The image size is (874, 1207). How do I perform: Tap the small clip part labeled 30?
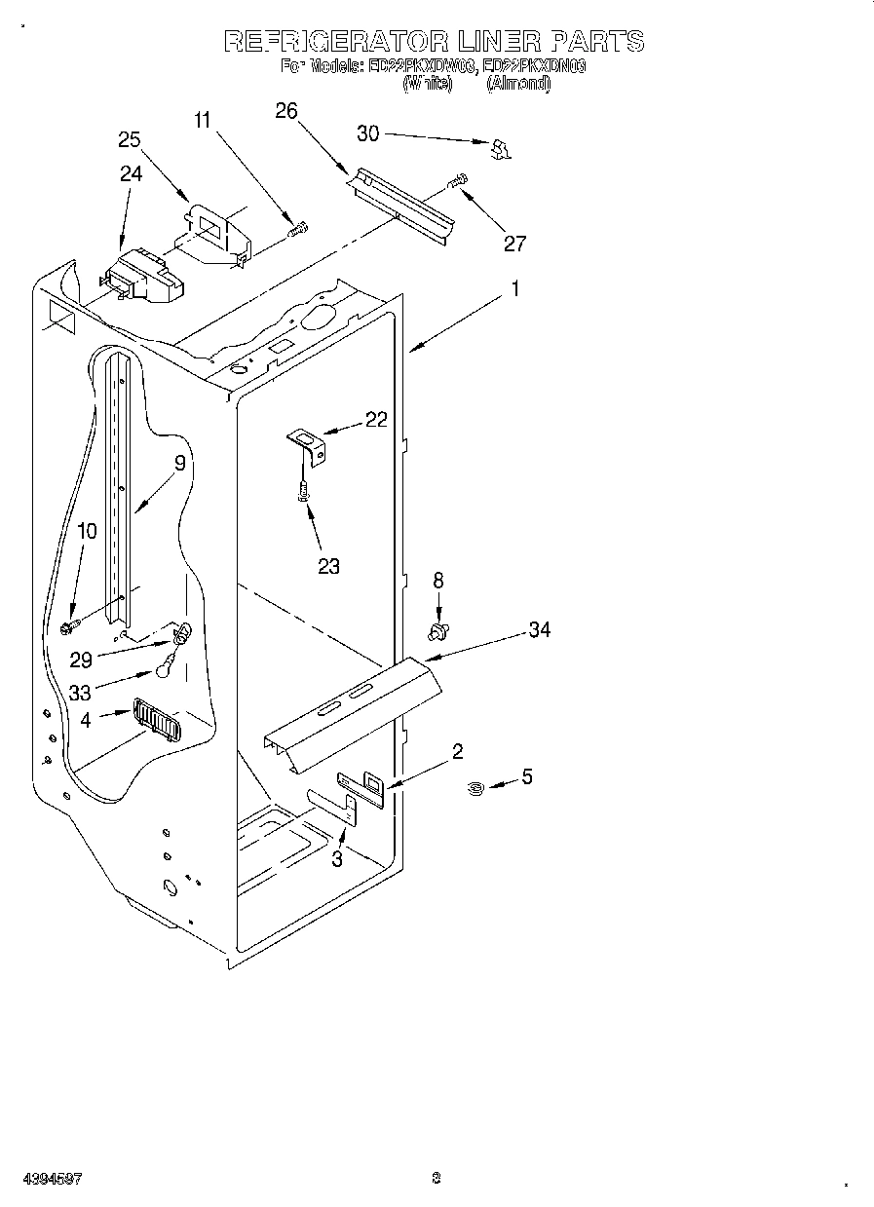click(501, 148)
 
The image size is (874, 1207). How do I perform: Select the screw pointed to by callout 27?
click(457, 180)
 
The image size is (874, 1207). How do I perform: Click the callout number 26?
click(285, 110)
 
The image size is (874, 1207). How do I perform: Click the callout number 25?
click(130, 139)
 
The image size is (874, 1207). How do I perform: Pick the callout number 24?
click(131, 173)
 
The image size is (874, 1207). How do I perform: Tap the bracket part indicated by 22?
click(309, 446)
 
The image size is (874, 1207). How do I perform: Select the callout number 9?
click(179, 464)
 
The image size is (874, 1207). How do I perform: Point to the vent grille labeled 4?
click(156, 722)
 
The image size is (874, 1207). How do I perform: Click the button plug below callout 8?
click(438, 634)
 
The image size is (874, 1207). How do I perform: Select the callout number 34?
click(539, 630)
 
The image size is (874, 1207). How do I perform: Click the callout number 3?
click(337, 858)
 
